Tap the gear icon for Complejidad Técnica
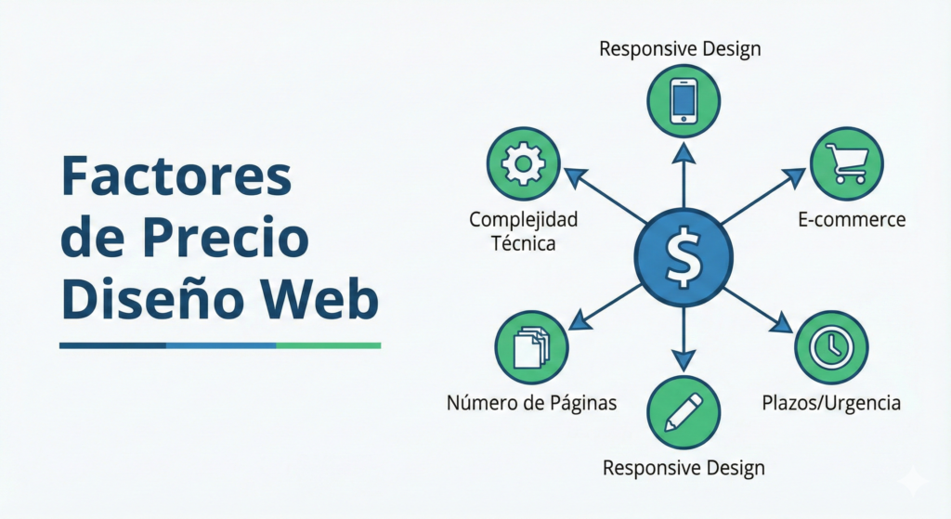523,164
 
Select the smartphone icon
684,99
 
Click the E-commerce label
851,220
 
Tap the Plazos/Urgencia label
831,403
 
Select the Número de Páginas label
532,403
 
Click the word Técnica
523,243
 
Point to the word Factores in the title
176,177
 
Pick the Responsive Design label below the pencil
684,466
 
